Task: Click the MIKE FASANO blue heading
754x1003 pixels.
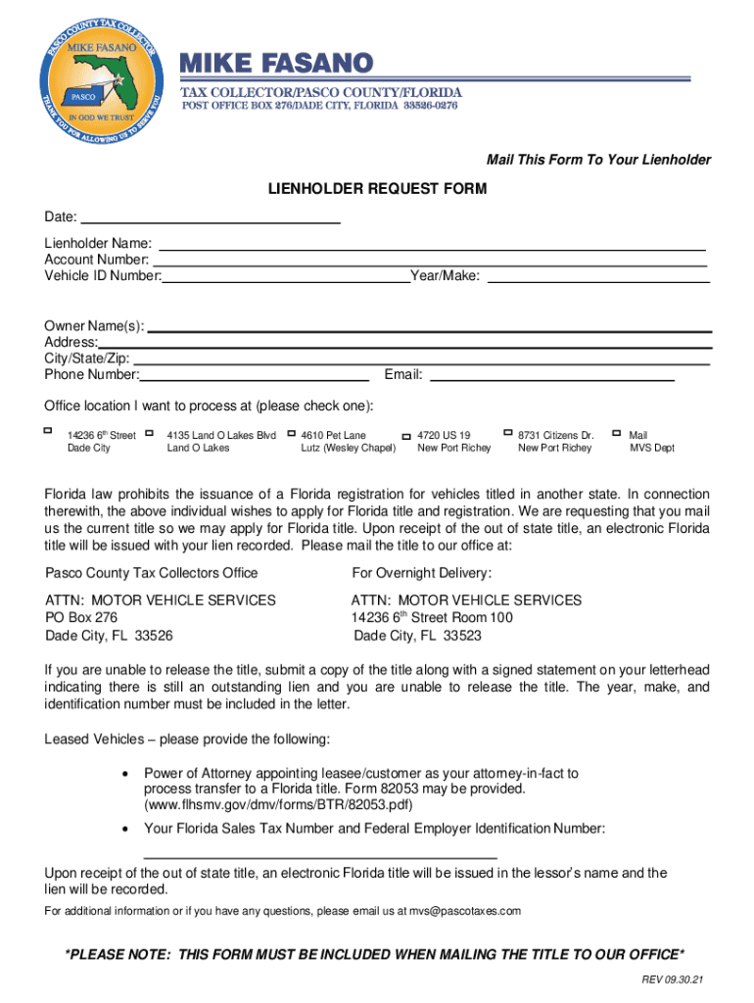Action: coord(275,64)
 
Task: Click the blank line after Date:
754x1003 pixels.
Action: coord(210,220)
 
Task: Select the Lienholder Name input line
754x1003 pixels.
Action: coord(431,247)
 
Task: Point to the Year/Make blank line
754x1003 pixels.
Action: coord(597,279)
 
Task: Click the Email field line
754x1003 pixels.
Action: coord(552,375)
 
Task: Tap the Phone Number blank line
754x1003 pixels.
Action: coord(255,376)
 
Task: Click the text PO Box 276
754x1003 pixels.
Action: coord(81,617)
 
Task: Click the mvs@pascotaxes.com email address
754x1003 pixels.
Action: coord(465,911)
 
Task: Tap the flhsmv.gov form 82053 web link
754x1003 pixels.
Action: coord(278,805)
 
